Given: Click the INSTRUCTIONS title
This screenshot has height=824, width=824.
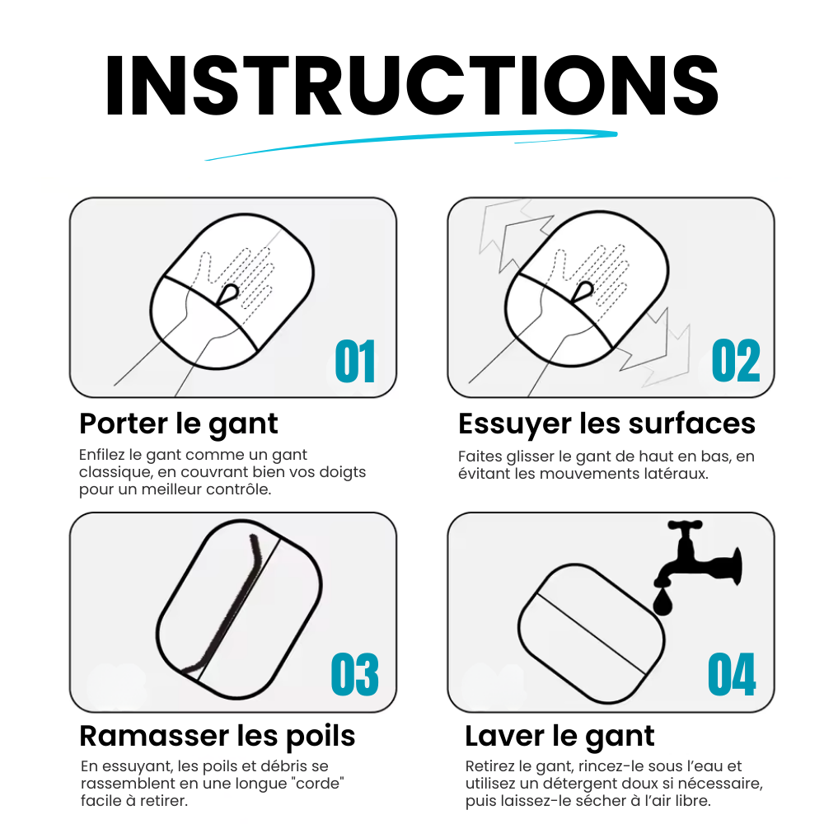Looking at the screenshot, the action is coord(412,85).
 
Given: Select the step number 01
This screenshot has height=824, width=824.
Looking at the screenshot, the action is coord(355,362).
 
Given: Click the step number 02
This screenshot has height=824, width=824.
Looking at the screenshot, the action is coord(736,361).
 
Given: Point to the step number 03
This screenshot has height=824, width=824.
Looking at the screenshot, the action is coord(354,674).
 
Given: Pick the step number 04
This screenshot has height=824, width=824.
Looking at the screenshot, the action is coord(732,674).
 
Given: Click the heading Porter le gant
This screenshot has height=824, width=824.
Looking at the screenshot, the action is coord(179,424).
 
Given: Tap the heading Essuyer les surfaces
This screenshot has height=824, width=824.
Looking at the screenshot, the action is coord(607,424).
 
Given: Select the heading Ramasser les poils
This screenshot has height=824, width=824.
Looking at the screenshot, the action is coord(218,736).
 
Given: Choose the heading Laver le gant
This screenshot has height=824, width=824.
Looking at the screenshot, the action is coord(560,736).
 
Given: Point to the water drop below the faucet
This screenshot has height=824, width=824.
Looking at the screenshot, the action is coord(663,602).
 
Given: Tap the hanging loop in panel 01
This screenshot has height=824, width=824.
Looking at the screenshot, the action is coord(228,293).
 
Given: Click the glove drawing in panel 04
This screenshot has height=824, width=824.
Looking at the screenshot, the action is coord(591,634).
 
